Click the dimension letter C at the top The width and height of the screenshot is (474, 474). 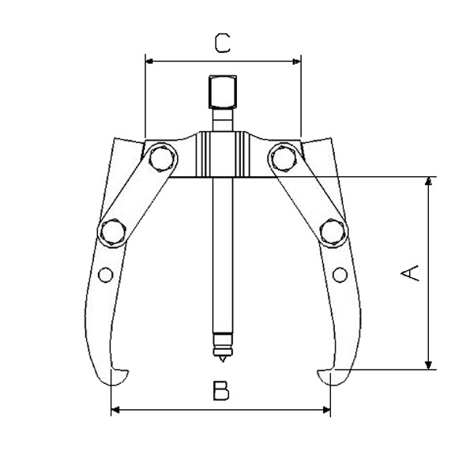[223, 43]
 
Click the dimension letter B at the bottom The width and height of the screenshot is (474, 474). [221, 391]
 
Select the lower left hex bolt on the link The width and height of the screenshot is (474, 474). [111, 231]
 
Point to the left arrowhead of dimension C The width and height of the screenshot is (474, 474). [149, 60]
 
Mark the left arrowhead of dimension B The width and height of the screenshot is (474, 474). [115, 409]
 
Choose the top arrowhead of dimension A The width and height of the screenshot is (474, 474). [428, 182]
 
